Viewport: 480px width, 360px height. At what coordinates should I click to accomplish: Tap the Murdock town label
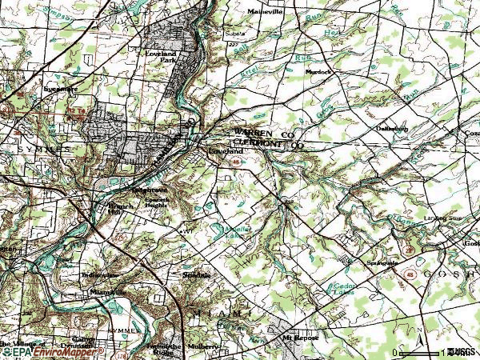318,71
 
